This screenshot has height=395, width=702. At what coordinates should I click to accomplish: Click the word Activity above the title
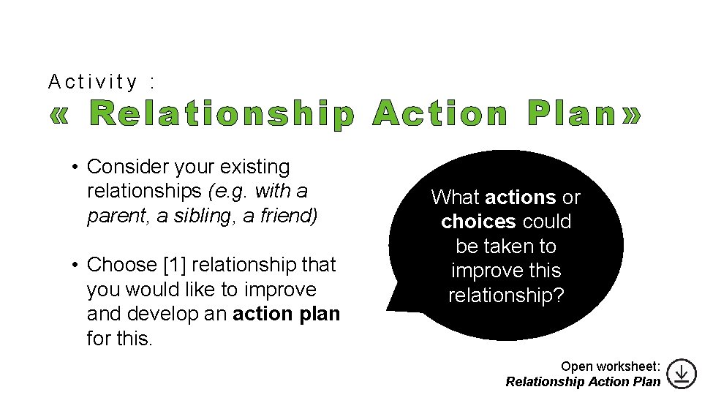[x=92, y=81]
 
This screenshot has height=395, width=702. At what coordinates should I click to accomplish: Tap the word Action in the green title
[x=439, y=116]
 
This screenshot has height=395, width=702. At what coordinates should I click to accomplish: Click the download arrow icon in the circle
[x=681, y=373]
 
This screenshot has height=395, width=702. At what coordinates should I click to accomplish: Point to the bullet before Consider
[x=75, y=168]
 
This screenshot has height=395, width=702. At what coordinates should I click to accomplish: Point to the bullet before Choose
[x=75, y=265]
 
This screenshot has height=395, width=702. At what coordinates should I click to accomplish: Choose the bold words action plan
[x=286, y=315]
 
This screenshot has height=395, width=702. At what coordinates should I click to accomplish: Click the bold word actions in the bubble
[x=520, y=197]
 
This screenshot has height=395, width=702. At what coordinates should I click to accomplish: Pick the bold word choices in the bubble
[x=480, y=222]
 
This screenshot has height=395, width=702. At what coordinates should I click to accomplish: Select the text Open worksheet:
[x=611, y=366]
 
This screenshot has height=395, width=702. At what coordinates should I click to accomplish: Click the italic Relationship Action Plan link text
[x=583, y=381]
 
